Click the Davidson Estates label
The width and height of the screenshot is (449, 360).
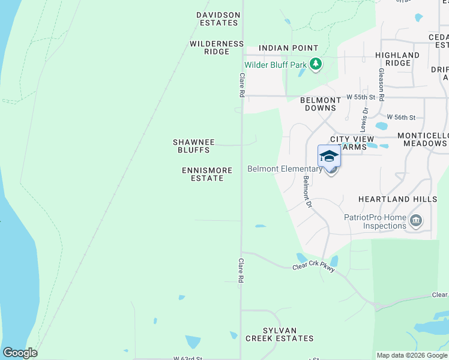tap(217, 19)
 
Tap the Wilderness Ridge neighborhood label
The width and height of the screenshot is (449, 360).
tap(217, 48)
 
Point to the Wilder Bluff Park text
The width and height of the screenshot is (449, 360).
tap(275, 65)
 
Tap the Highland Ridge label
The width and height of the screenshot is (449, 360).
tap(397, 59)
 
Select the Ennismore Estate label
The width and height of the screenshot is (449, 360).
tap(207, 174)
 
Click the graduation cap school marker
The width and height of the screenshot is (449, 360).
tap(329, 156)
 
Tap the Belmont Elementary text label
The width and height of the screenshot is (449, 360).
tap(285, 169)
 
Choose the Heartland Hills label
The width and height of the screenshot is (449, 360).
tap(397, 199)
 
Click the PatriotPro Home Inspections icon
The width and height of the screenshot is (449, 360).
tap(415, 222)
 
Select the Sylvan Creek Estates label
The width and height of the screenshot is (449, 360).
tap(279, 334)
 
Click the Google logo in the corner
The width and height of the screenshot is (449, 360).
tap(20, 352)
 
